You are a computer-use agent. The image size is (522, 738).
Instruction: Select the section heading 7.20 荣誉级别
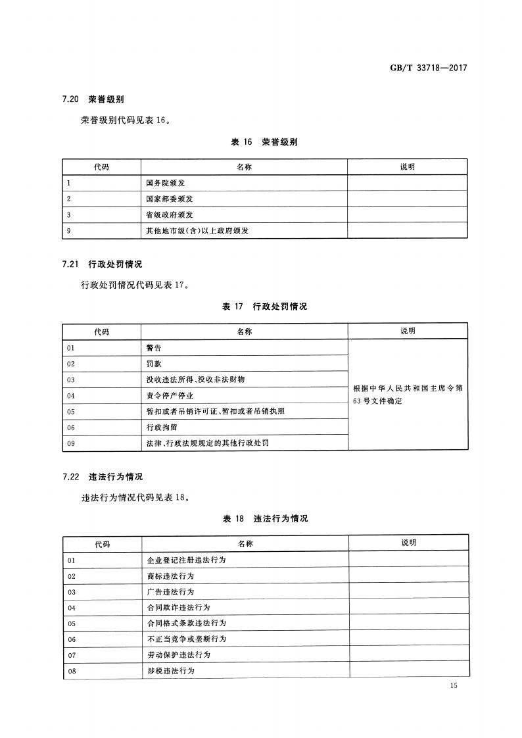point(93,99)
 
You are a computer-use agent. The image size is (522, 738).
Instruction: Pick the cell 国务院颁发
point(166,183)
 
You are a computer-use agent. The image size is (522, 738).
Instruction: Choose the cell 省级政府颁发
point(170,214)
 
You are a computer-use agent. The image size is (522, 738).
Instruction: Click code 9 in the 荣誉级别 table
point(69,230)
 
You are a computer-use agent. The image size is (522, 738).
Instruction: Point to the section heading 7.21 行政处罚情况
point(102,264)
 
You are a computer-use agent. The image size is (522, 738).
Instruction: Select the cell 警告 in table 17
point(153,347)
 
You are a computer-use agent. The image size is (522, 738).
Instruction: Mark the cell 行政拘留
point(161,427)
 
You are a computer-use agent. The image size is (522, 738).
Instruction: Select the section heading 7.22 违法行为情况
point(102,476)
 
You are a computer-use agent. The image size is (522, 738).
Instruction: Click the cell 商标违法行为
point(170,576)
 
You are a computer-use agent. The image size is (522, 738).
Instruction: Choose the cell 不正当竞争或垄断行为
point(187,639)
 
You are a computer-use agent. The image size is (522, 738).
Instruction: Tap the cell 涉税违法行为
point(170,670)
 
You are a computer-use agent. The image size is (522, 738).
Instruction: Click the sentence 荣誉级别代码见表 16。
point(125,120)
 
